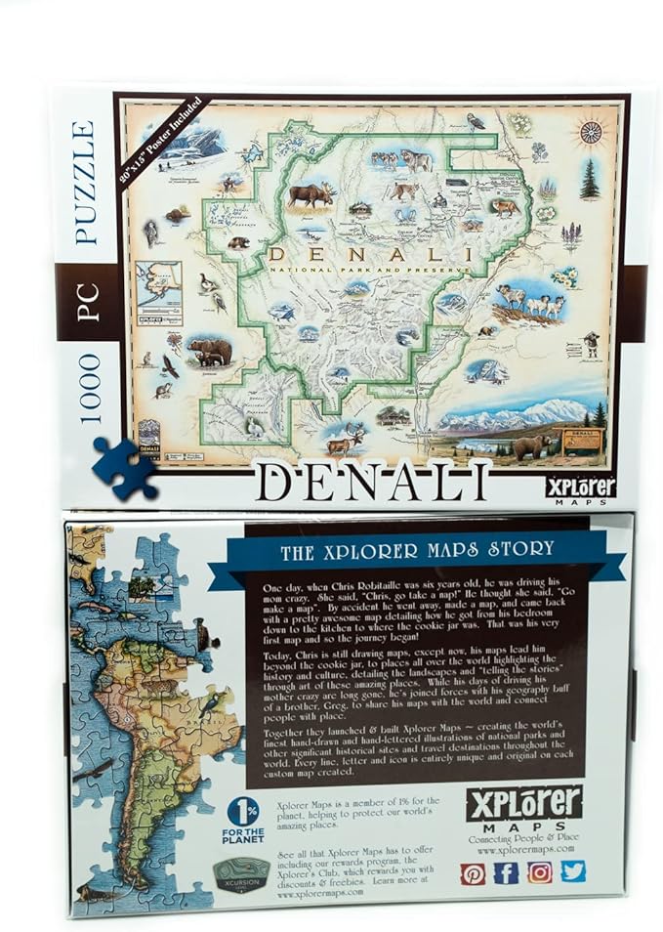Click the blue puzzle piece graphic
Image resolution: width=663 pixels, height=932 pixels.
(x=124, y=467)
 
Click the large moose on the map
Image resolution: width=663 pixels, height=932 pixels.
(x=310, y=194)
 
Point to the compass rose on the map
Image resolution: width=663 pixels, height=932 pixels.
(x=591, y=132)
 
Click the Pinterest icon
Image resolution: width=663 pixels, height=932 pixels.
(x=473, y=872)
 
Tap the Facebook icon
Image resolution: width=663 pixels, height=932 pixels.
(x=506, y=872)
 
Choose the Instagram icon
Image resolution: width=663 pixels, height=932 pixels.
(x=540, y=871)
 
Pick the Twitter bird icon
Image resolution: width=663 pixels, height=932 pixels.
(x=573, y=870)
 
